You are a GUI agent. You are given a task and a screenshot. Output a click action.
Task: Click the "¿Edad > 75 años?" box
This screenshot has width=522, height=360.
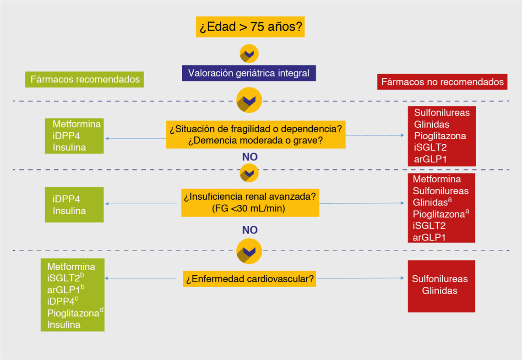(250, 27)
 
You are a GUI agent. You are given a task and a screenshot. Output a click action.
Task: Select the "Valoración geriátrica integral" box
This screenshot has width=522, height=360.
(249, 73)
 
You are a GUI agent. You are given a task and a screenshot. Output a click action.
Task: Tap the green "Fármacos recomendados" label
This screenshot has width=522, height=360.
(85, 79)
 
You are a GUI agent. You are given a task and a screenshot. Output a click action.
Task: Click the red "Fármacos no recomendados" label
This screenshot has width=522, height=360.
(442, 82)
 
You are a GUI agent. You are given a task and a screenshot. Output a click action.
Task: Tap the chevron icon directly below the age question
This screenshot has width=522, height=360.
(249, 54)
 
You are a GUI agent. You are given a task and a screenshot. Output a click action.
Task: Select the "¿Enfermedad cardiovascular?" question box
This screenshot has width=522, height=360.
(250, 278)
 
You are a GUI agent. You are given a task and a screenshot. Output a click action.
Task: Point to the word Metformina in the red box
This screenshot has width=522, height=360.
(437, 179)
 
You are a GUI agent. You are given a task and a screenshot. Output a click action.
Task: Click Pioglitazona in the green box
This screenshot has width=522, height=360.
(73, 313)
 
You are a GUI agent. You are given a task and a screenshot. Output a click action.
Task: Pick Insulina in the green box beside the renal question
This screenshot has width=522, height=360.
(69, 211)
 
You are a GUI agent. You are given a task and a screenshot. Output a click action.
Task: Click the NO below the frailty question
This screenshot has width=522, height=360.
(250, 157)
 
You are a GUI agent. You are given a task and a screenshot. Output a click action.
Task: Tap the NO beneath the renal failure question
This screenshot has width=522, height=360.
(250, 230)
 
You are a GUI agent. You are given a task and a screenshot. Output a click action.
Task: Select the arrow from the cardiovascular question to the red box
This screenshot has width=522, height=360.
(361, 278)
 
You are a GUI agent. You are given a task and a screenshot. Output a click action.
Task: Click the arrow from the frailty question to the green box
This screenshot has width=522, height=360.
(135, 138)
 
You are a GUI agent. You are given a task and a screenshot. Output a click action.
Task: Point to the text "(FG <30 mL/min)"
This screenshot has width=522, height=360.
(250, 209)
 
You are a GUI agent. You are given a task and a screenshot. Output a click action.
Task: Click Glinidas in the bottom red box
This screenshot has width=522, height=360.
(440, 290)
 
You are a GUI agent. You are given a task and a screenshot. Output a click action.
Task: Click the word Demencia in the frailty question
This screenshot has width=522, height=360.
(214, 141)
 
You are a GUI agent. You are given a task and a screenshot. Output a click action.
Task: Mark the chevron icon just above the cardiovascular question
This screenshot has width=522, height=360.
(249, 251)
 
